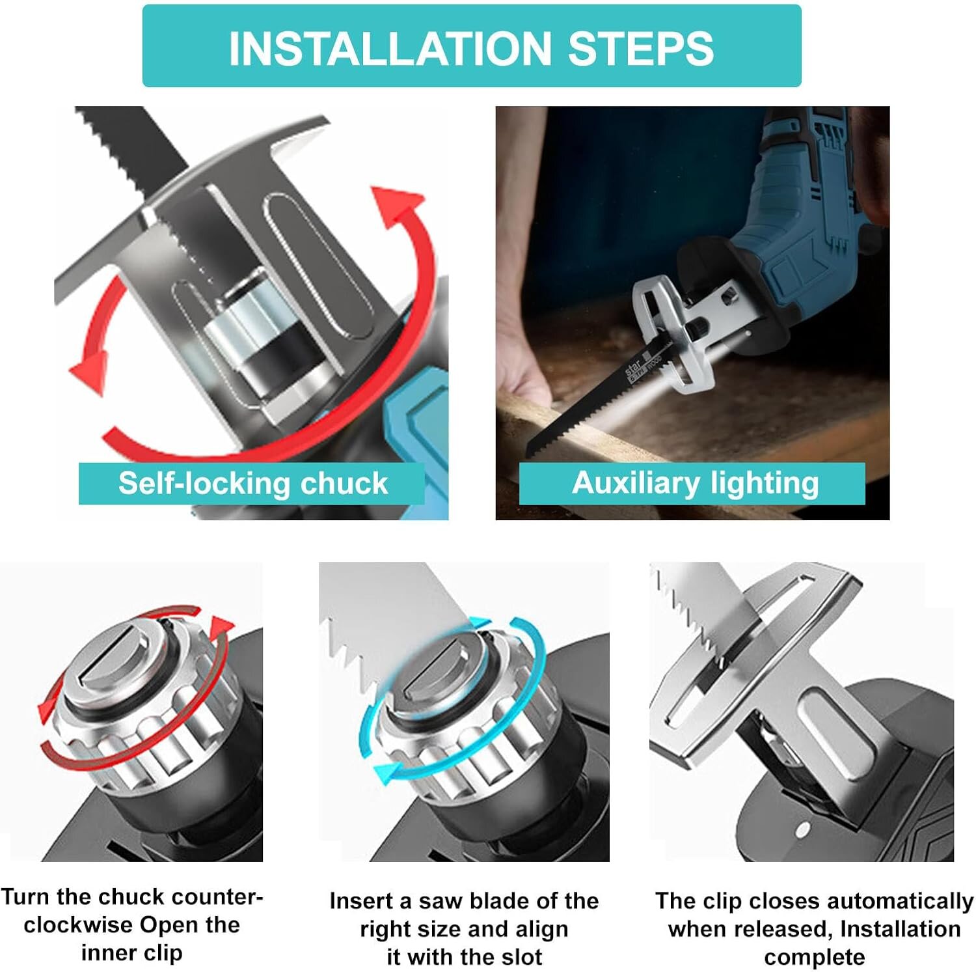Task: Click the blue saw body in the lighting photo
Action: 800,215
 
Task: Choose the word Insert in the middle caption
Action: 362,901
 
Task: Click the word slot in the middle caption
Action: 521,957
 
